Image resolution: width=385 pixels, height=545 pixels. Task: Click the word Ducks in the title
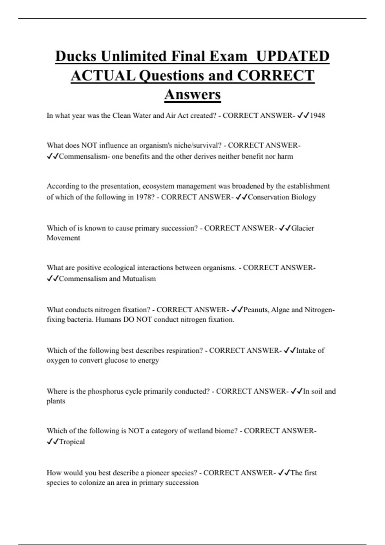coord(76,56)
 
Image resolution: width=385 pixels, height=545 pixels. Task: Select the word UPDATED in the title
coord(293,56)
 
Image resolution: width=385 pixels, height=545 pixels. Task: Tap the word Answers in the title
coord(193,95)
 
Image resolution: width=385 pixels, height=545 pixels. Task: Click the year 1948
coord(317,116)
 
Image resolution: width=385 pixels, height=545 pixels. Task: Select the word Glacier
coord(303,228)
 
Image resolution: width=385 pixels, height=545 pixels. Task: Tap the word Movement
coord(63,238)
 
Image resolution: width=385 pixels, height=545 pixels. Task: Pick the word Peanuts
coord(256,310)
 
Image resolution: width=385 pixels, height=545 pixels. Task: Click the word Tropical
coord(72,442)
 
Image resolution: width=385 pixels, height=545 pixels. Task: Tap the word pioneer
coord(158,473)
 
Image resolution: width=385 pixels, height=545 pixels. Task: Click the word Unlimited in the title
coord(134,56)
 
